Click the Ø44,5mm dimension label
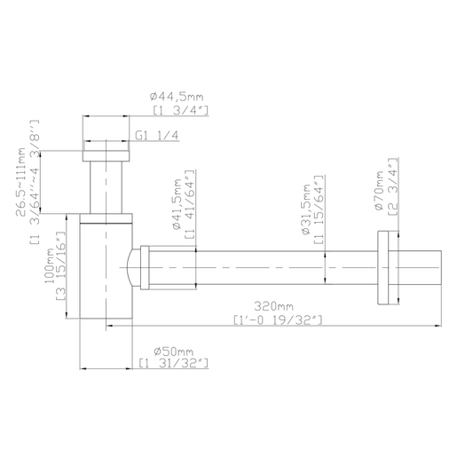177,97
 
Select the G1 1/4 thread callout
156,136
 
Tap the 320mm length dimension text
273,306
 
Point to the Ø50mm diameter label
173,351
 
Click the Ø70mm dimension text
379,191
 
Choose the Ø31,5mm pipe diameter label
306,209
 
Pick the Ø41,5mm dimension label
177,204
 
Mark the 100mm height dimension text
49,265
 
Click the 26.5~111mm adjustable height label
21,182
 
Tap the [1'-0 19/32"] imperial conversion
278,319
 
